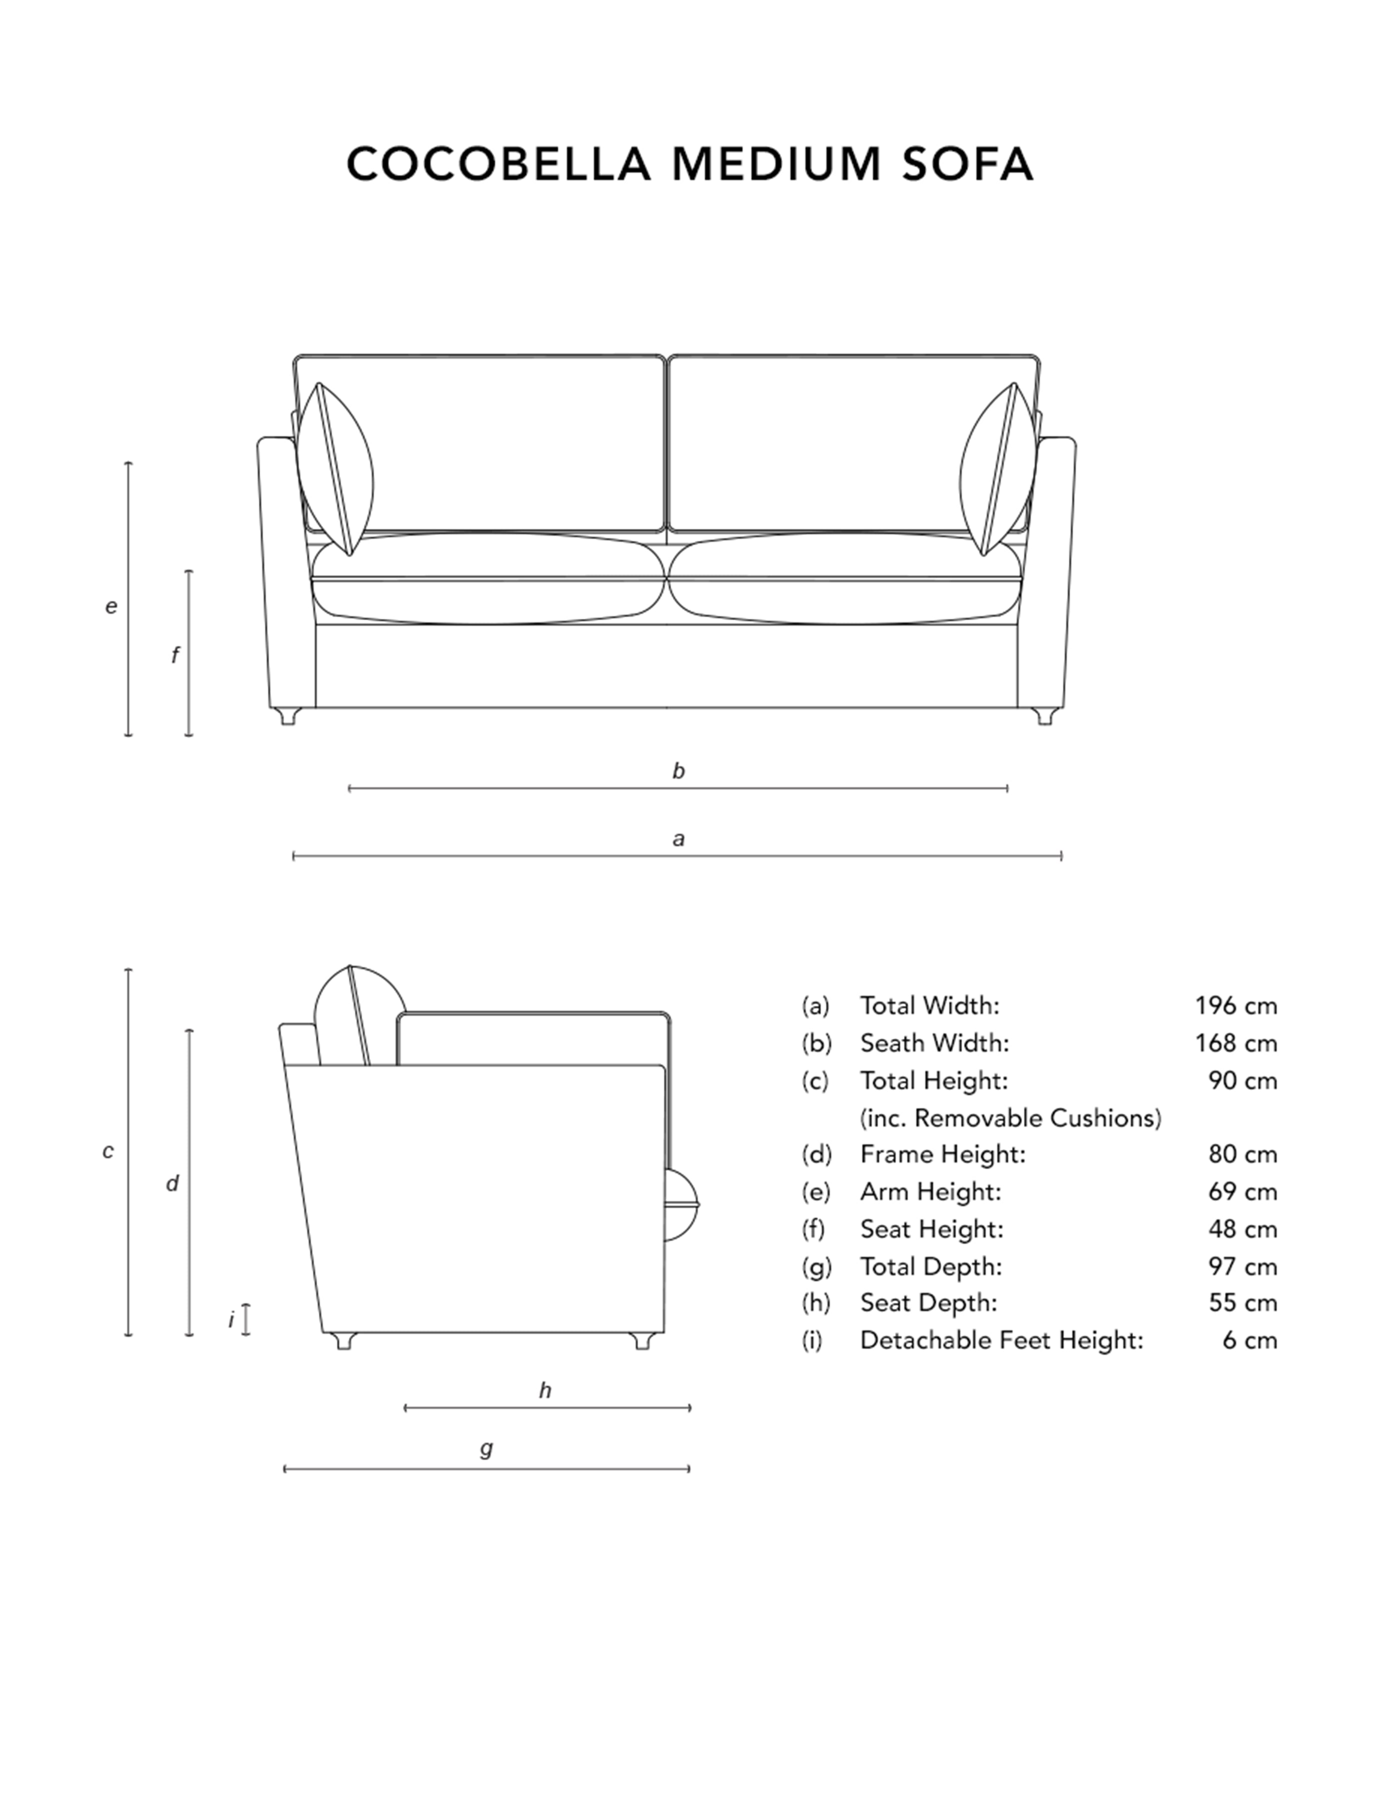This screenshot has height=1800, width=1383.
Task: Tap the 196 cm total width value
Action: (x=1235, y=1006)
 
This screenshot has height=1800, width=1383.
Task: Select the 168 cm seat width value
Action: (x=1235, y=1043)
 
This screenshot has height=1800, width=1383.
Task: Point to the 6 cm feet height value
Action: (x=1249, y=1340)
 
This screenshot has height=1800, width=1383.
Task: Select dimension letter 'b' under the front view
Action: (x=678, y=770)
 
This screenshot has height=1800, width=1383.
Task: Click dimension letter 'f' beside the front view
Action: (x=174, y=654)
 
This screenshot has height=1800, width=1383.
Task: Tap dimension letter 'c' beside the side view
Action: (x=108, y=1151)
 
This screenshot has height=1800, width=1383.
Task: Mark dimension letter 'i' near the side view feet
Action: (x=231, y=1319)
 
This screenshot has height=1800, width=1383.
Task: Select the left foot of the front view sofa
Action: (x=287, y=716)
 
